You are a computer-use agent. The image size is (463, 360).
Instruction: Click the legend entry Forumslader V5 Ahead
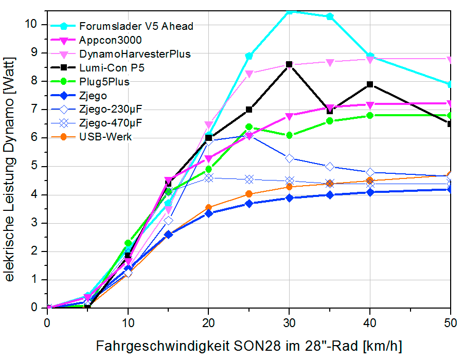136,26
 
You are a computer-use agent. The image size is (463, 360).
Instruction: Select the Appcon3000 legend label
111,40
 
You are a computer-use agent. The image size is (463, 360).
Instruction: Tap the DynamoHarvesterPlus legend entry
135,53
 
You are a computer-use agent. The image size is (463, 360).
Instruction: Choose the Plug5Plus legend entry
104,81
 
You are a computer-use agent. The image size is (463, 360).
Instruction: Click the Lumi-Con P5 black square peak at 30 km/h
289,64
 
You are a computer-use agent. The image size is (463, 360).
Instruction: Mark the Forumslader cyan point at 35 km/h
330,16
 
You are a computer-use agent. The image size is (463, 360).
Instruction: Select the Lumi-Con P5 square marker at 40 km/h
370,84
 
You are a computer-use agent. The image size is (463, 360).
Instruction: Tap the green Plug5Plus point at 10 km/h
128,243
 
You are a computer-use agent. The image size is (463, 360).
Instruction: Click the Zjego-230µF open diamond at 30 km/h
289,158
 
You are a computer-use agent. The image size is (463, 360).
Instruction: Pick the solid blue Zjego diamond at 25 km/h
249,204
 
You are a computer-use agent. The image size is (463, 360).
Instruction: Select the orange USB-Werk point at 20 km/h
208,208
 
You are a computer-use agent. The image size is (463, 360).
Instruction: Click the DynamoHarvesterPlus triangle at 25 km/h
249,74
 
